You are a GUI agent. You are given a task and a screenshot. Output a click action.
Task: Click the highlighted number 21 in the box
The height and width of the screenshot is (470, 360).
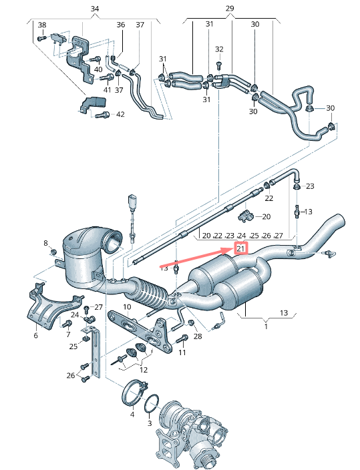241,249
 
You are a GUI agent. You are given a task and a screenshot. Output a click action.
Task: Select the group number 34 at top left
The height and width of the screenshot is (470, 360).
95,9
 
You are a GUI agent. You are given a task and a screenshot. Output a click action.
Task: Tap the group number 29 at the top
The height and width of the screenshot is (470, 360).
230,9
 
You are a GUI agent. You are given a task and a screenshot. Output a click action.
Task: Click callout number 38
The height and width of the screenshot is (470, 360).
42,25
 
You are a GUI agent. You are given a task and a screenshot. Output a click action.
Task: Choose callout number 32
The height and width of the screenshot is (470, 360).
219,49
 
